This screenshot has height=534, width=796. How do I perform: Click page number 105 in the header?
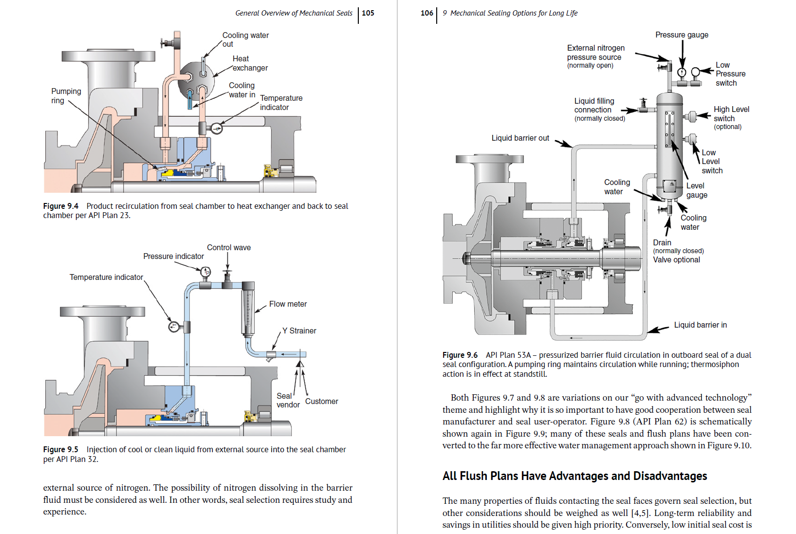click(x=368, y=13)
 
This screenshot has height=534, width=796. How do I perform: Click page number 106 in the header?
click(x=426, y=13)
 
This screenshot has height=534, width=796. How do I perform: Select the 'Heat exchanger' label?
click(x=250, y=63)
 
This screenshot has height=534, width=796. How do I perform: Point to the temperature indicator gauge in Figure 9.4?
click(x=217, y=129)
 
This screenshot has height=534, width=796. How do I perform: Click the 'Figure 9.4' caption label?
click(x=61, y=206)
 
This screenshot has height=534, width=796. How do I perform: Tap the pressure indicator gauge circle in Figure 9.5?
click(x=206, y=272)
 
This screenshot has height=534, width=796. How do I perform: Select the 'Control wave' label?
click(x=229, y=247)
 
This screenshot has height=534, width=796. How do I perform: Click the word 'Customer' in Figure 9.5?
click(x=321, y=402)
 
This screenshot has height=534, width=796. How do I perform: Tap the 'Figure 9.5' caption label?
click(x=61, y=450)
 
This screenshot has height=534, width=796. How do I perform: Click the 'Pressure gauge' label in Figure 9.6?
click(x=682, y=35)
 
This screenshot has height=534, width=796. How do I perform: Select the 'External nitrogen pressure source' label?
click(x=595, y=53)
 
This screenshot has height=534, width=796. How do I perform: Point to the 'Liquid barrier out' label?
click(x=520, y=138)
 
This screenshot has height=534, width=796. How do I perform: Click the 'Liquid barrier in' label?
click(x=700, y=325)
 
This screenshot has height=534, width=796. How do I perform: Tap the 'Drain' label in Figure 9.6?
click(x=662, y=243)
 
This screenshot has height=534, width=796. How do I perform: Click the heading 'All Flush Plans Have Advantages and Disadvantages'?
click(x=574, y=476)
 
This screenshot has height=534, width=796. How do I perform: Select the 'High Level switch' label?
click(x=731, y=114)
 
